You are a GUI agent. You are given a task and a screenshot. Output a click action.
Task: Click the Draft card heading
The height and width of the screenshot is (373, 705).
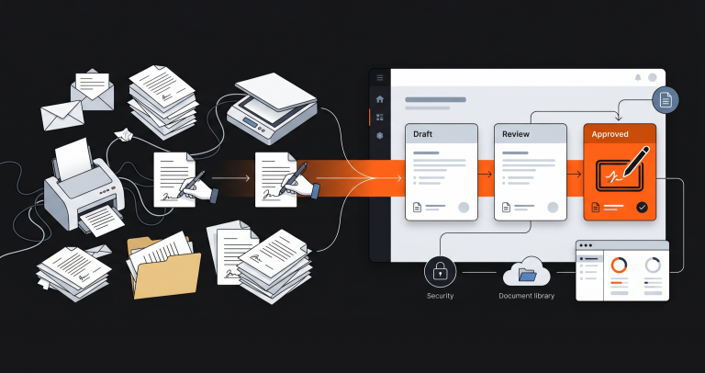(x=423, y=134)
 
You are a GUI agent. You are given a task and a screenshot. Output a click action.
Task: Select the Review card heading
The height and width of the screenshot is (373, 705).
(x=516, y=134)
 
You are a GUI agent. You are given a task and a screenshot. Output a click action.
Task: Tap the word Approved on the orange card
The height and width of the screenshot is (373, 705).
(x=610, y=134)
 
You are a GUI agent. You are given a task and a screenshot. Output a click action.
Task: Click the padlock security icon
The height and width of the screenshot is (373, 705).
(x=441, y=272)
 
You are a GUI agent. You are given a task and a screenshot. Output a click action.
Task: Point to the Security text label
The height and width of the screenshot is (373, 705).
(x=441, y=296)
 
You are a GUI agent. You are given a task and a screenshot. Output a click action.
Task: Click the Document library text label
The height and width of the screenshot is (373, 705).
(x=527, y=296)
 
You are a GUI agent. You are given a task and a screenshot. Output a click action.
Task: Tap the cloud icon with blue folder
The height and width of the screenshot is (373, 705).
(x=527, y=271)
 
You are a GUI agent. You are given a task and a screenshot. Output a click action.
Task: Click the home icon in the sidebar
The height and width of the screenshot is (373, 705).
(x=380, y=99)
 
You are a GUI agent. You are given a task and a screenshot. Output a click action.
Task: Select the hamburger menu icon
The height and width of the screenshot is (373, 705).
(x=380, y=78)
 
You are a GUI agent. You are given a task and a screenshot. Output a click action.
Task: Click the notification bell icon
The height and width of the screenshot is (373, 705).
(x=638, y=77)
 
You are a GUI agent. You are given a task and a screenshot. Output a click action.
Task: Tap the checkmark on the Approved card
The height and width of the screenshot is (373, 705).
(x=642, y=208)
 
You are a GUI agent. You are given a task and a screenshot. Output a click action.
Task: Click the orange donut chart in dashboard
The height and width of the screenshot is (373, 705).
(x=619, y=265)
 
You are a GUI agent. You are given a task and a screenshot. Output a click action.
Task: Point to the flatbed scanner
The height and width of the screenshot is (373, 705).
(x=273, y=108)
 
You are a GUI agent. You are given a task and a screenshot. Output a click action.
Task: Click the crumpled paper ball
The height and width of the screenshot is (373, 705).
(x=123, y=133)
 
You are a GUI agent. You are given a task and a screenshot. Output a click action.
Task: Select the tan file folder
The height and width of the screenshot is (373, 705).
(x=163, y=266)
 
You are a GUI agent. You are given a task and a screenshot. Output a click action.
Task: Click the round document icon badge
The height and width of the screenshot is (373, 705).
(x=666, y=100)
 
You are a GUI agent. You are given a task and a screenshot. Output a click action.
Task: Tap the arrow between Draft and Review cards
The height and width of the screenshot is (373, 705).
(x=486, y=175)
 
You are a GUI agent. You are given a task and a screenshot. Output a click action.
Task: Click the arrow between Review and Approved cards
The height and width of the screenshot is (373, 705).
(x=575, y=175)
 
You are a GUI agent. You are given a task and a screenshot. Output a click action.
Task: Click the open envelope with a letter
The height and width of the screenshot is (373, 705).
(x=92, y=90)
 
